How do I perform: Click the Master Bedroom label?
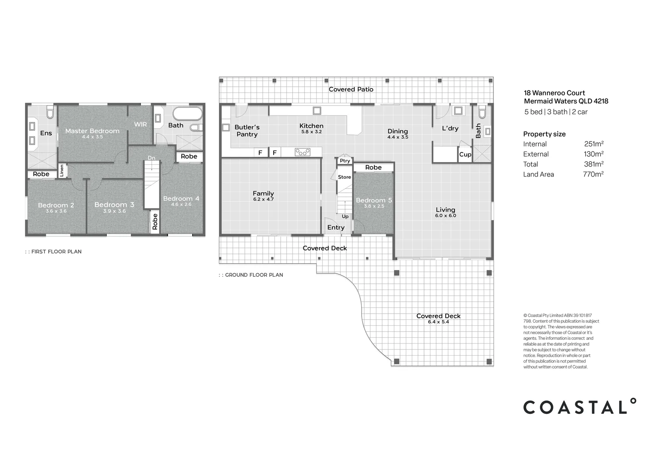(x=92, y=131)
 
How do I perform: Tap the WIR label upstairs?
(x=141, y=124)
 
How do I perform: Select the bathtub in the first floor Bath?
(x=187, y=114)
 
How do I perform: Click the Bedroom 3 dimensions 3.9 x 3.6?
(x=114, y=211)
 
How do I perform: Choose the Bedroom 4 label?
(x=181, y=198)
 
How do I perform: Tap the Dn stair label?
(x=151, y=158)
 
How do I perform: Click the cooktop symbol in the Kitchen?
(x=302, y=152)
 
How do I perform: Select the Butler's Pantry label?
(x=247, y=131)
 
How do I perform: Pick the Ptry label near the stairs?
(x=345, y=161)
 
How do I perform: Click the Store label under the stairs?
(x=345, y=177)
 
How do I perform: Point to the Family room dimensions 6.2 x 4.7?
(x=263, y=199)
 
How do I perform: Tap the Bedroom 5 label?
(x=374, y=200)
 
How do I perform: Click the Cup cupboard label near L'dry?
(x=465, y=155)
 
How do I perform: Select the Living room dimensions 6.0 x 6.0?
(x=445, y=215)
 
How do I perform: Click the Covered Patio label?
(x=351, y=89)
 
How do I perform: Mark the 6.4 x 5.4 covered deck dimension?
(x=438, y=322)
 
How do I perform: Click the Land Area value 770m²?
(x=593, y=174)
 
